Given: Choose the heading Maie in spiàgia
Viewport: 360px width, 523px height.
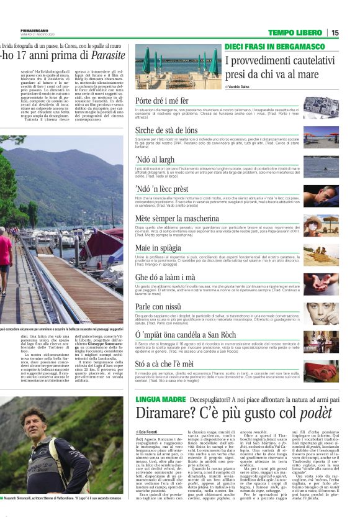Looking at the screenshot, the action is (x=160, y=248).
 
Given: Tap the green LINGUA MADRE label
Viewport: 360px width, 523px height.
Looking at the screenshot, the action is (x=161, y=396).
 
